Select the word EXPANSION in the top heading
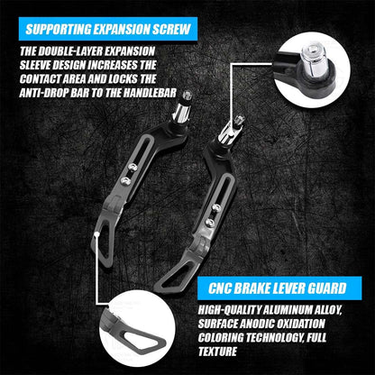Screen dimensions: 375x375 pyautogui.click(x=126, y=29)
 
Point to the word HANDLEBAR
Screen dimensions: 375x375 pyautogui.click(x=150, y=93)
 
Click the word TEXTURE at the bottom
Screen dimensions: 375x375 pyautogui.click(x=217, y=352)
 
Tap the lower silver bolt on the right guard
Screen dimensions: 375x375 pyautogui.click(x=209, y=223)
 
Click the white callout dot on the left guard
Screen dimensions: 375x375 pyautogui.click(x=96, y=235)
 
